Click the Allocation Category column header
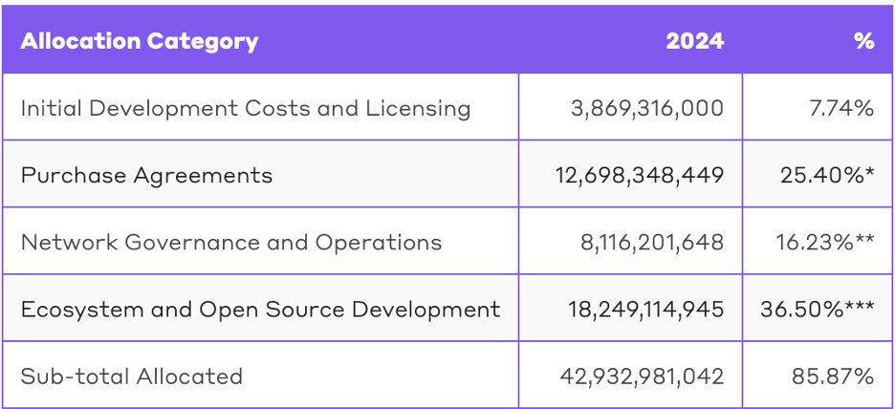pos(140,41)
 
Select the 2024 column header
pos(695,41)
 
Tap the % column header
pos(864,41)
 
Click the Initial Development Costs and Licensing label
pos(246,108)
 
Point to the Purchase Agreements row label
pos(146,175)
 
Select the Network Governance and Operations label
pos(231,242)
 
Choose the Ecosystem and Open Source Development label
pos(260,309)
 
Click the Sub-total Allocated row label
pos(132,376)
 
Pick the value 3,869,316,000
pos(647,108)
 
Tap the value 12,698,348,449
pos(640,175)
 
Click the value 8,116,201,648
pos(652,242)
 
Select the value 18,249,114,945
pos(640,309)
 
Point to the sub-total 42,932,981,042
pos(642,376)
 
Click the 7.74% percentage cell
pos(841,108)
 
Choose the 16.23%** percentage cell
pos(825,242)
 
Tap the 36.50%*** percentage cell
pos(818,309)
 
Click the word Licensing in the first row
pos(419,108)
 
